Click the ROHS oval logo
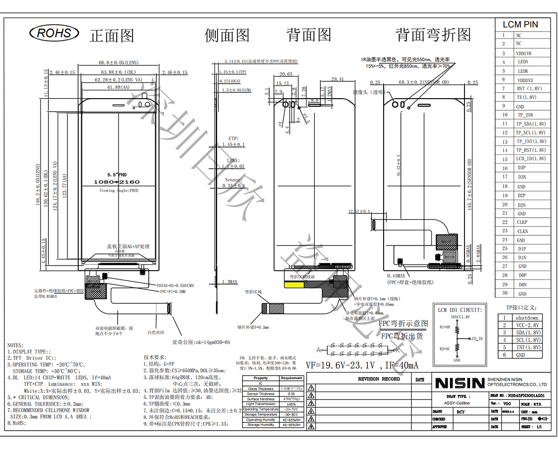tap(54, 33)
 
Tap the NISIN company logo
tap(459, 383)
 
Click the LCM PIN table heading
tap(520, 25)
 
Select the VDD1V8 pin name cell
tap(523, 53)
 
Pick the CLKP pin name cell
tap(522, 222)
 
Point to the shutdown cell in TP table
tap(527, 318)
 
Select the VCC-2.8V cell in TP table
tap(527, 325)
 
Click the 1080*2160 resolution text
tap(116, 182)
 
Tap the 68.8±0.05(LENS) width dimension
tap(118, 62)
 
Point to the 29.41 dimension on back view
tap(338, 79)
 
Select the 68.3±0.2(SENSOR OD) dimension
tap(424, 82)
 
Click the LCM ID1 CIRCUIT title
tap(460, 310)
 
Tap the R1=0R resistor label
tap(445, 327)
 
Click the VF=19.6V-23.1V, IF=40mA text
tap(362, 366)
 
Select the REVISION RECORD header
tap(379, 379)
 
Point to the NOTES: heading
tap(15, 345)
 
